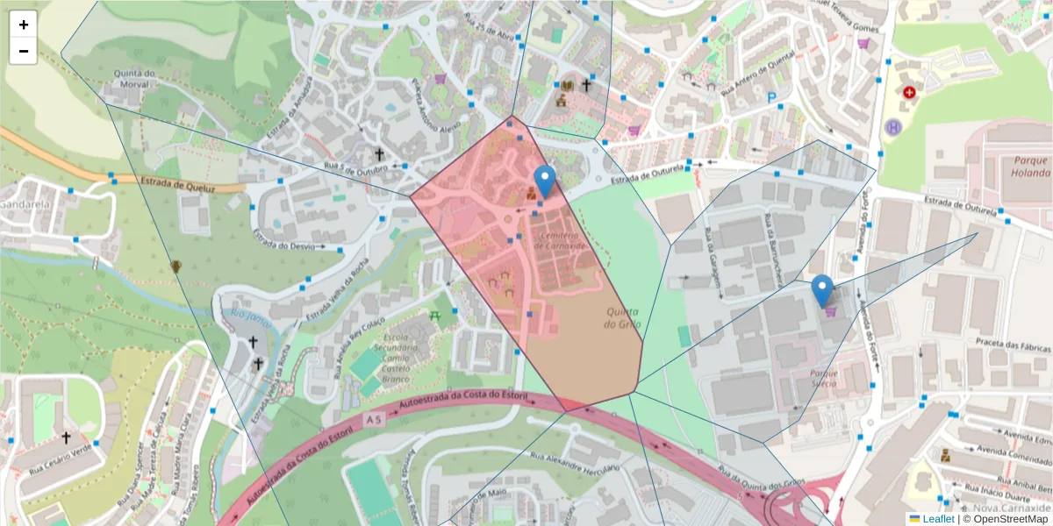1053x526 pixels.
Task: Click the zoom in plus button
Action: tap(24, 25)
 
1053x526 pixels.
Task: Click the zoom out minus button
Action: tap(24, 51)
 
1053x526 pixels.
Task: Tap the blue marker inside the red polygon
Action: tap(545, 181)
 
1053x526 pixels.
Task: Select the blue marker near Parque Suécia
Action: tap(822, 290)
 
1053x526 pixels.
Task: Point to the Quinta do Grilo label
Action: tap(623, 317)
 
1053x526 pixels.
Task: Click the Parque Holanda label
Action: tap(1030, 167)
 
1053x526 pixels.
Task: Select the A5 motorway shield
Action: tap(375, 420)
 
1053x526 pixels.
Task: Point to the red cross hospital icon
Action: tap(909, 92)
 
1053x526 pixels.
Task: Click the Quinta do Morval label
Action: tap(129, 80)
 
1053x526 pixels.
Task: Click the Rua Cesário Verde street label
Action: tap(59, 454)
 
